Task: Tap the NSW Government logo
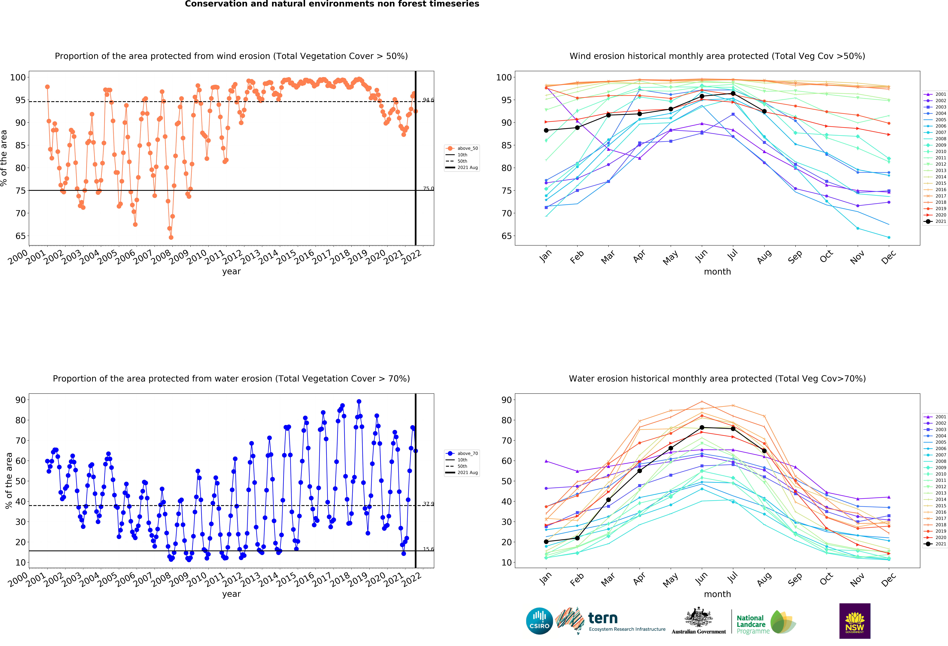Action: click(x=855, y=621)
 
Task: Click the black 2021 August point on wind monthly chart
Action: click(x=764, y=111)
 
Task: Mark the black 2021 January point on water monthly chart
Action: click(x=546, y=542)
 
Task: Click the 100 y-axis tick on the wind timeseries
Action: click(x=18, y=77)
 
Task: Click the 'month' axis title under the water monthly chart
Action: click(x=717, y=594)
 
